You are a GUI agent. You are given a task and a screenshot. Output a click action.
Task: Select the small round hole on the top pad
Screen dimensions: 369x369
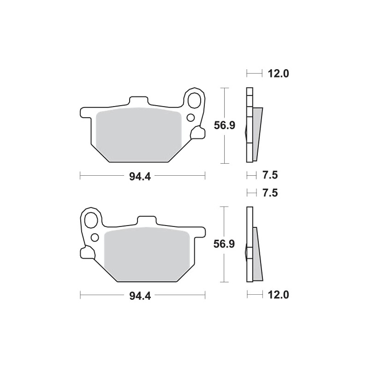point(190,118)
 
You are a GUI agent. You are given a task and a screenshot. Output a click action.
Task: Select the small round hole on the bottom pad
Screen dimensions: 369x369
point(95,238)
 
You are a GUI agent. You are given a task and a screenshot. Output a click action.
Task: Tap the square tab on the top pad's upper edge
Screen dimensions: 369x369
point(138,101)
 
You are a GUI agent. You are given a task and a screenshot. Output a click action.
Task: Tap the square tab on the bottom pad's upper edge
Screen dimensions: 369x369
point(147,221)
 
